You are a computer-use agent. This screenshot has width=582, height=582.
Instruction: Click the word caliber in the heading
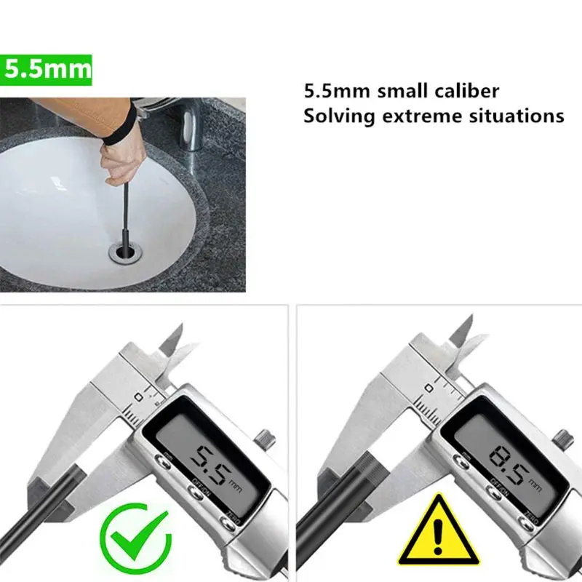coord(463,92)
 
